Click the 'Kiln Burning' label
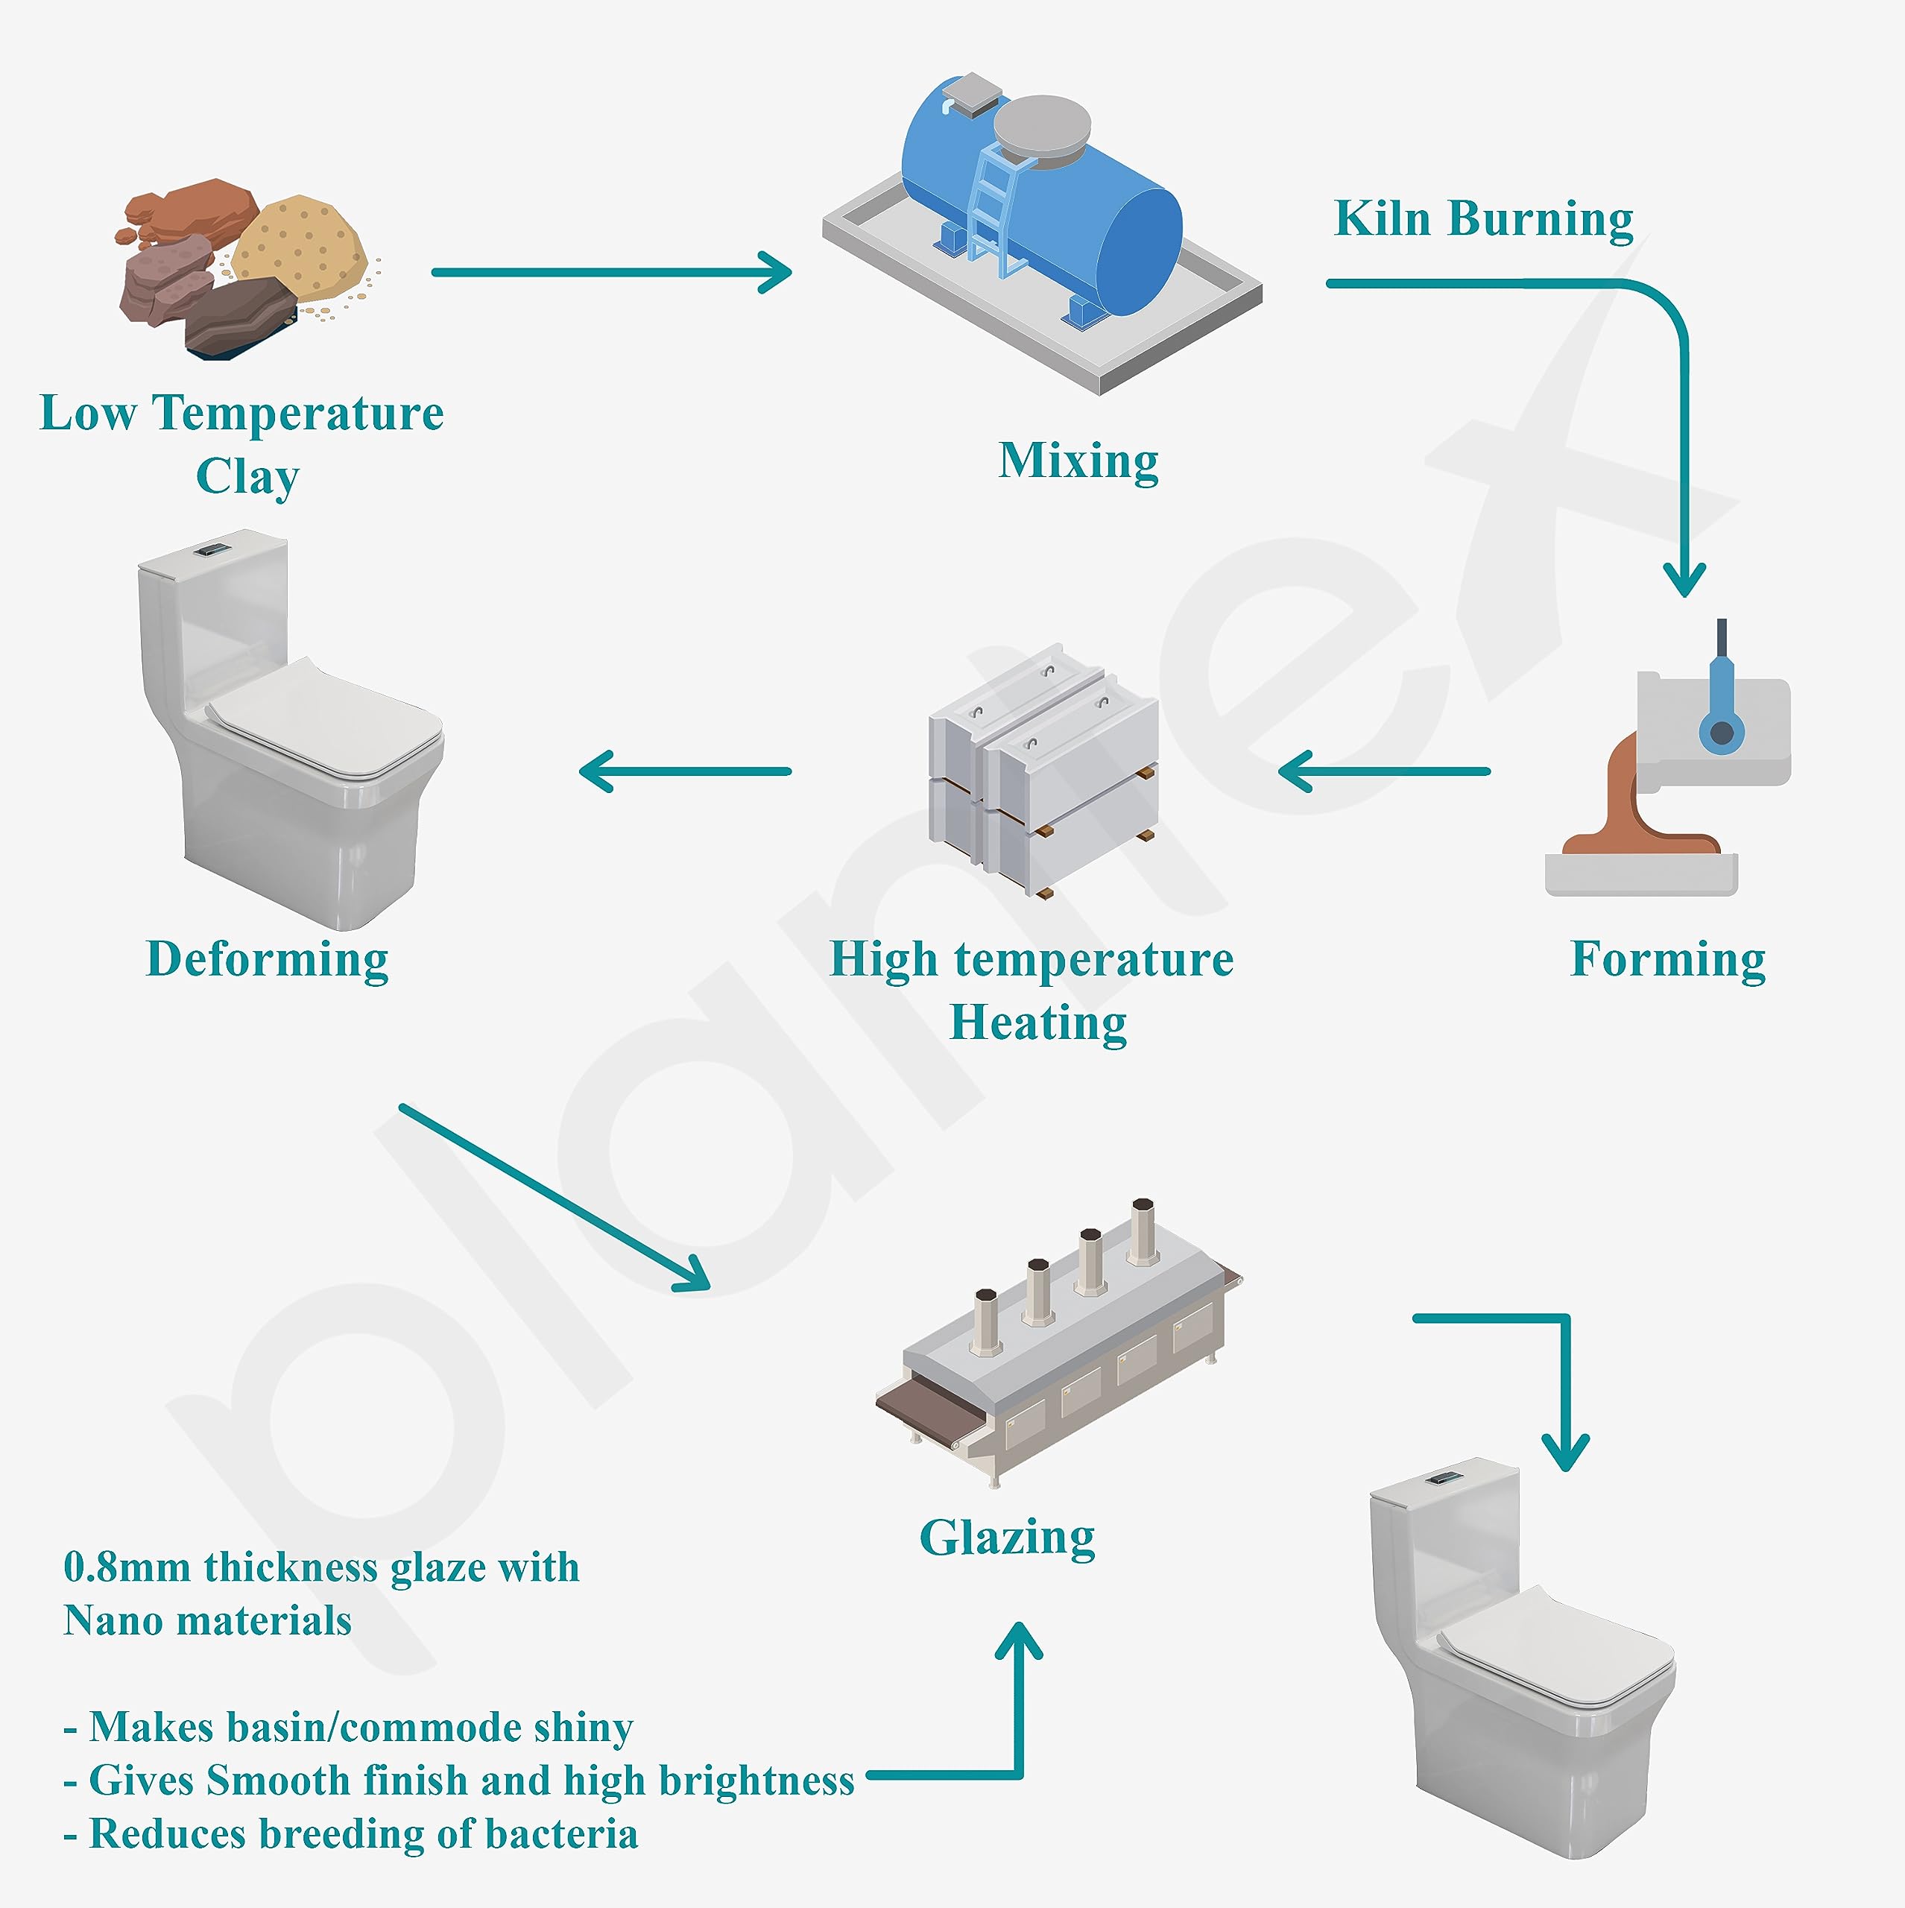[1482, 219]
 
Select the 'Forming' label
[1667, 959]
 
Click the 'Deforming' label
[267, 959]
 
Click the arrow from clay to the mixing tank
[613, 273]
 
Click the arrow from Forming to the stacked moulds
[1383, 771]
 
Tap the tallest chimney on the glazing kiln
[1143, 1231]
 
